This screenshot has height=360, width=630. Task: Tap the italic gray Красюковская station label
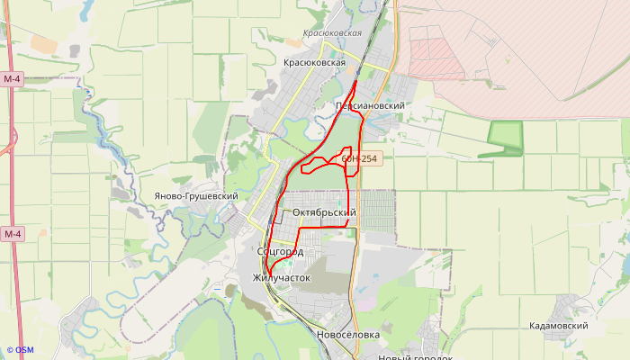[x=332, y=33]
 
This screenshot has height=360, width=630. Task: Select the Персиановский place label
[x=369, y=105]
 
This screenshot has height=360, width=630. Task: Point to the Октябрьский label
[x=325, y=212]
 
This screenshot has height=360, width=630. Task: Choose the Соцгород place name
[x=279, y=251]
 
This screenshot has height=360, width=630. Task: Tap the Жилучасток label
[x=281, y=278]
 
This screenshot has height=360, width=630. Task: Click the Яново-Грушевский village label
[x=195, y=196]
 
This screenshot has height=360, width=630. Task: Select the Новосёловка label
[x=348, y=335]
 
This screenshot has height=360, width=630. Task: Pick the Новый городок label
[x=415, y=357]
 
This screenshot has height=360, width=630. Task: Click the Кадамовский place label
[x=558, y=326]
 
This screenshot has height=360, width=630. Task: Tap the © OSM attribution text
[x=20, y=350]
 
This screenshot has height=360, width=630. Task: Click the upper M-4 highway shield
[x=12, y=79]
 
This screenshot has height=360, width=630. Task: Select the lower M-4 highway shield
[x=12, y=234]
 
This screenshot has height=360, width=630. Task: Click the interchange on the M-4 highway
[x=13, y=139]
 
